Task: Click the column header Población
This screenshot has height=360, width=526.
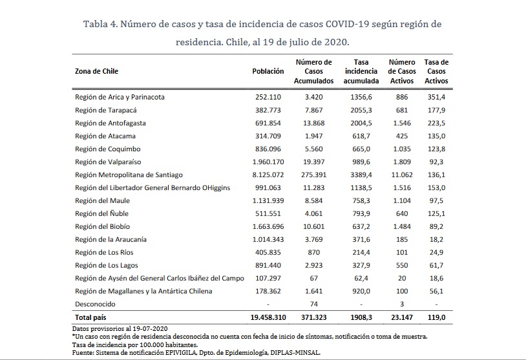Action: [268, 71]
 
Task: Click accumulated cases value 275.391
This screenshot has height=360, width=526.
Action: [317, 175]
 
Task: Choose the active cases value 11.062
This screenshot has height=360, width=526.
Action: [402, 175]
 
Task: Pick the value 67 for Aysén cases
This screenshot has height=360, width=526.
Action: [317, 278]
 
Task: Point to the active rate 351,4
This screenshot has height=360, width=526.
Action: [436, 97]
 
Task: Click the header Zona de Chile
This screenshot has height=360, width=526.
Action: [97, 71]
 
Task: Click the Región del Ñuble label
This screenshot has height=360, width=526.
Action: [103, 213]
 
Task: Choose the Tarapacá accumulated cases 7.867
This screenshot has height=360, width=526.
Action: [317, 110]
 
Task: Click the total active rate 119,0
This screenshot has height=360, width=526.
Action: [436, 319]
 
